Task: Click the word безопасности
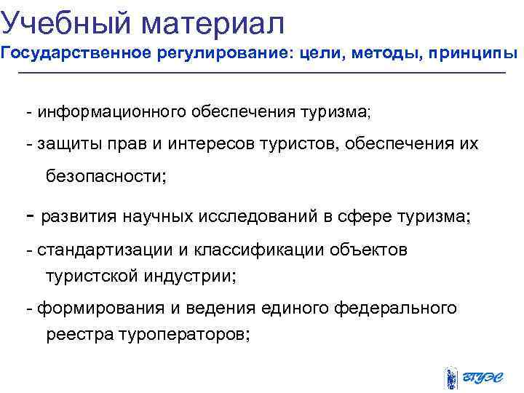tap(106, 175)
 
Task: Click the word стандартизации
tap(101, 250)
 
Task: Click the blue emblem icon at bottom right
tap(450, 378)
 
